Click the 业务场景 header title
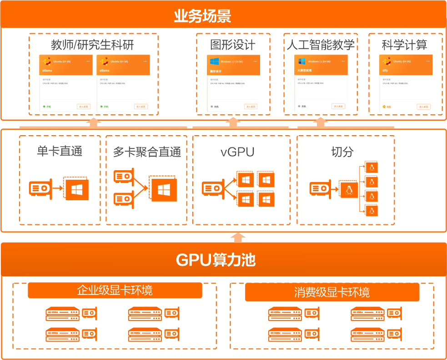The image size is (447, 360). tap(203, 16)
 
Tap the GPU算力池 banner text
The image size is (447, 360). tap(216, 260)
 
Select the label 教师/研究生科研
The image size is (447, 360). tap(92, 45)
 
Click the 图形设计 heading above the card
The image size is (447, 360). tap(233, 45)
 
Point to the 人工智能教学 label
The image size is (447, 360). tap(320, 45)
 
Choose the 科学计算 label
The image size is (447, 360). tap(404, 45)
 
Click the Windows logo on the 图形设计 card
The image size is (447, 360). tap(215, 61)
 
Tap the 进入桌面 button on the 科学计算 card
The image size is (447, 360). tap(423, 106)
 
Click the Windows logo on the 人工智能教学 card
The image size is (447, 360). tap(302, 61)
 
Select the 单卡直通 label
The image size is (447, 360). tap(60, 151)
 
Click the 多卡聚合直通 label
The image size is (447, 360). tap(146, 152)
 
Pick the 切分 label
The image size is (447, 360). tap(342, 152)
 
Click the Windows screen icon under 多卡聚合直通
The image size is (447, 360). tap(163, 189)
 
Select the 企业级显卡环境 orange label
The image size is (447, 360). tap(115, 290)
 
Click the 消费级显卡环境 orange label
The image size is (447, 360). tap(332, 292)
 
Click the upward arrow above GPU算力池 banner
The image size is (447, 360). tap(238, 237)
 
